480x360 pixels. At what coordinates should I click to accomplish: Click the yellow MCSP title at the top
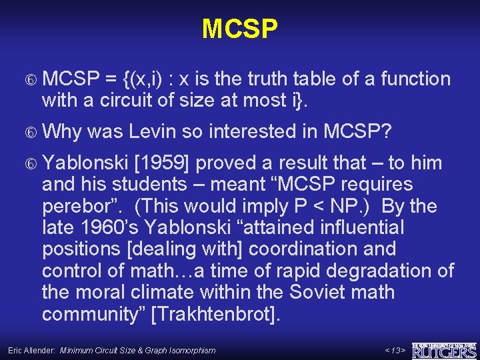(239, 29)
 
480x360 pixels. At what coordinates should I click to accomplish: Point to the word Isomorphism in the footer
(194, 350)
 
